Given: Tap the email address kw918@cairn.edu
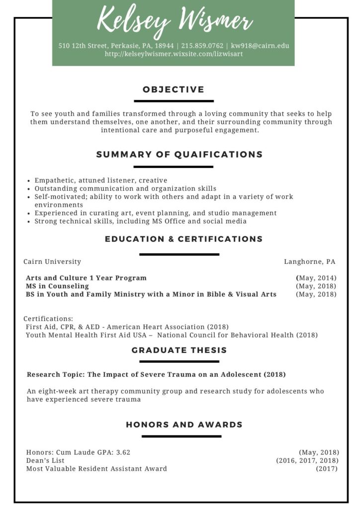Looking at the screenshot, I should coord(260,46).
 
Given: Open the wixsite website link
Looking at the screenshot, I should coord(174,54).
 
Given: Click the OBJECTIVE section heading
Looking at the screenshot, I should coord(174,89).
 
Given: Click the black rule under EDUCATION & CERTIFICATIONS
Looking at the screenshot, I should coord(179,254).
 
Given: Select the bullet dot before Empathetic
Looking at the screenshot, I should coord(30,181).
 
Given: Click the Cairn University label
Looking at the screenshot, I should coord(52,261).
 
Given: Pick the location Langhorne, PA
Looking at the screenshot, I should coord(310,261).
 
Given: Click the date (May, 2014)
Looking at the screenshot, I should coord(316,278).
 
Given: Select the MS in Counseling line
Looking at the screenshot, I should coord(57,286).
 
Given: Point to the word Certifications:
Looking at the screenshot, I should coord(48,319).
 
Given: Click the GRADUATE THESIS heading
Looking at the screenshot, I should coord(179,350).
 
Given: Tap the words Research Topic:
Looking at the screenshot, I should coord(56,374).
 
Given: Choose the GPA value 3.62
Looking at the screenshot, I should coord(123,452).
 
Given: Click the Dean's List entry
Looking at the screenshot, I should coord(45,460).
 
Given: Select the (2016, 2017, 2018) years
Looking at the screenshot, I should coord(307,460).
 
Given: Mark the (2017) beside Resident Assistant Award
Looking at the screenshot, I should coord(327,469).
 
